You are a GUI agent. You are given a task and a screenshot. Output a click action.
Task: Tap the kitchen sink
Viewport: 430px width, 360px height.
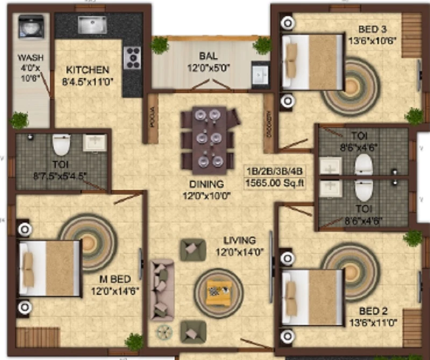92,25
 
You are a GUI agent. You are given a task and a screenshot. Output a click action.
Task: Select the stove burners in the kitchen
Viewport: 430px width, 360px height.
132,57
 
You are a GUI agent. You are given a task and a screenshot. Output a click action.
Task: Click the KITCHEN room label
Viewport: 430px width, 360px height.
88,70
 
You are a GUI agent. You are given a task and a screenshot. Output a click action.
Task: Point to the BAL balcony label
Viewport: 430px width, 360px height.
207,55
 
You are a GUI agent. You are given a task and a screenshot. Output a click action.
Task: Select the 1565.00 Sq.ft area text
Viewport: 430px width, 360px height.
275,182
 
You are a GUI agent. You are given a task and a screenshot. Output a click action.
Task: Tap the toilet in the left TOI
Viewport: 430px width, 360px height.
61,145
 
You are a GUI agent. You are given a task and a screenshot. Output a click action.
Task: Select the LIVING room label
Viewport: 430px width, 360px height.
240,240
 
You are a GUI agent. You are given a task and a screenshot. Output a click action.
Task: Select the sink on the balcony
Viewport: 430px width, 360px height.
261,75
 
